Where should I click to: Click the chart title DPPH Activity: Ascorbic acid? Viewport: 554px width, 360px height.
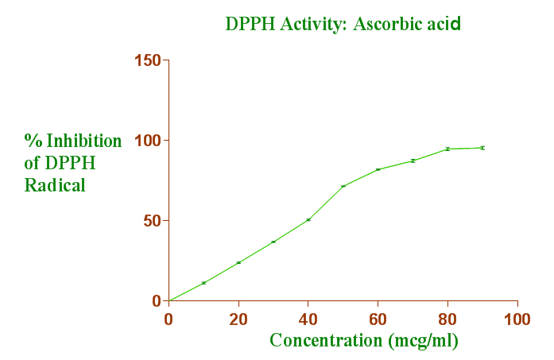[343, 24]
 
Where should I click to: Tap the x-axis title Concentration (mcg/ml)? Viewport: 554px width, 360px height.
[364, 340]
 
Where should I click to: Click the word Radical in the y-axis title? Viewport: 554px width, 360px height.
[55, 185]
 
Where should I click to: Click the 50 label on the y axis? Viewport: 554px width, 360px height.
[151, 221]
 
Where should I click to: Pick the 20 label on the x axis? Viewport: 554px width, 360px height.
[238, 319]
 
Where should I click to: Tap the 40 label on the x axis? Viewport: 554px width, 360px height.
[308, 319]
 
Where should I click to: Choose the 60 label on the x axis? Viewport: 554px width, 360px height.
[378, 319]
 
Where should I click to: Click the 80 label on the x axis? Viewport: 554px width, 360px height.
[447, 319]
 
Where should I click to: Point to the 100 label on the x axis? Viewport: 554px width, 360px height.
[517, 319]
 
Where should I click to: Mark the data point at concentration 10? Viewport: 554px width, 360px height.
[203, 283]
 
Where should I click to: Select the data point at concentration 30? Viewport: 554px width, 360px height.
[273, 242]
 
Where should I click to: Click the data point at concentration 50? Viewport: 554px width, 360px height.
[343, 186]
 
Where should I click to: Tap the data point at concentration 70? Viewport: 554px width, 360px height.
[413, 161]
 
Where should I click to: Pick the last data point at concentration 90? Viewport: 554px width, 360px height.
[482, 148]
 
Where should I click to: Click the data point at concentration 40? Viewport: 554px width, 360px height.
[308, 219]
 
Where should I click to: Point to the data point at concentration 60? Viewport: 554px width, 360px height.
[378, 169]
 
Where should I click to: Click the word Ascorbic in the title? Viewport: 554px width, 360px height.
[385, 24]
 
